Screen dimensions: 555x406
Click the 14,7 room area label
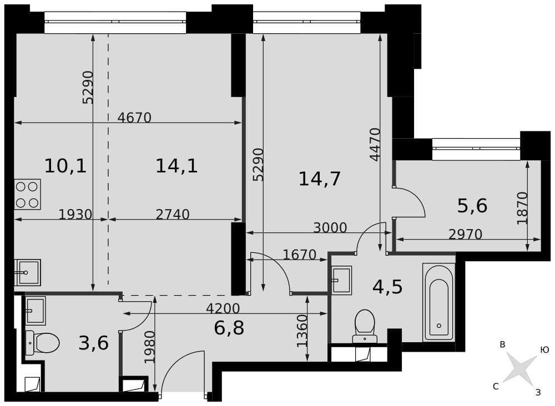tap(319, 179)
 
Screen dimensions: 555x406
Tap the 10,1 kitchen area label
tap(65, 166)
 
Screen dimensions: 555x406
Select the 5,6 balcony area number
tap(472, 205)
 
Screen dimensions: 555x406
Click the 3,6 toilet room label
tap(93, 343)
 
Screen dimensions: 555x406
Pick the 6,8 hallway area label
tap(229, 328)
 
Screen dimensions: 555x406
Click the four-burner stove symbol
tap(27, 194)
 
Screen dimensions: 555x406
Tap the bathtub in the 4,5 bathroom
tap(439, 302)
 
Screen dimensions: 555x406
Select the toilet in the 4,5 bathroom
tap(365, 326)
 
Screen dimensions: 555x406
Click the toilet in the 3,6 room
tap(42, 342)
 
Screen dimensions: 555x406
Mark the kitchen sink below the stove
tap(27, 272)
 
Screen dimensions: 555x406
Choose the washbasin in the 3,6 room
tap(35, 311)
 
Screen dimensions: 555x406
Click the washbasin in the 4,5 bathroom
tap(341, 280)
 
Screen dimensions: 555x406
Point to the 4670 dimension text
tap(134, 118)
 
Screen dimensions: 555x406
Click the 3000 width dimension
tap(330, 228)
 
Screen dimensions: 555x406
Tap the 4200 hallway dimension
tap(223, 308)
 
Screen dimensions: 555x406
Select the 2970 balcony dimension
tap(465, 234)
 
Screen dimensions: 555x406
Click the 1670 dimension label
tap(300, 254)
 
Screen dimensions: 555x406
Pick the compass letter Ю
tap(544, 350)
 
